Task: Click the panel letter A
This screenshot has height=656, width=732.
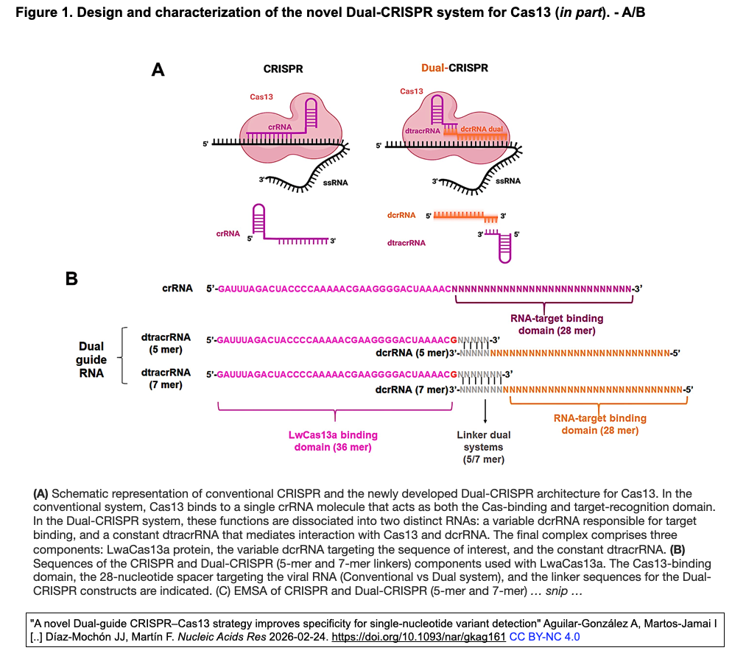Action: pos(158,70)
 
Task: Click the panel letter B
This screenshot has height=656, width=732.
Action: pos(72,279)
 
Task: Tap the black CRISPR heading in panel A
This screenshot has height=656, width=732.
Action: pos(283,68)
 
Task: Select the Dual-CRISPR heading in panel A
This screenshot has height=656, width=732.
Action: pos(454,68)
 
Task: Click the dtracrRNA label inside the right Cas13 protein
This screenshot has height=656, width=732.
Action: pos(423,130)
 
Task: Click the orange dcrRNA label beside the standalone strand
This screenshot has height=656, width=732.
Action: pos(401,216)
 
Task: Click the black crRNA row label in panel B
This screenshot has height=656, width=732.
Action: pos(177,289)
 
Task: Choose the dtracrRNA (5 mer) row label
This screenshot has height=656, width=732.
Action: pos(166,343)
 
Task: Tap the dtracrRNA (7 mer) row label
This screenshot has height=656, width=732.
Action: pos(166,378)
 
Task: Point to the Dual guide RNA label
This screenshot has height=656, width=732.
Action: pos(91,359)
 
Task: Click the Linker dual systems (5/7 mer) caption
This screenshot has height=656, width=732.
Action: pos(484,447)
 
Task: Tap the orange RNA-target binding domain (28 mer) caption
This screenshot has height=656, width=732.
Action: pos(600,424)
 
